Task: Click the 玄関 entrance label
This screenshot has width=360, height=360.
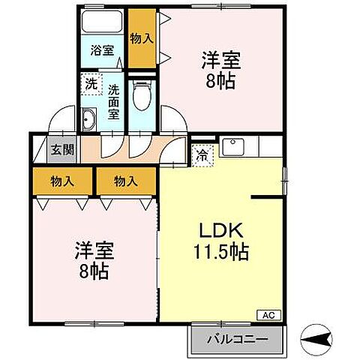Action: [62, 148]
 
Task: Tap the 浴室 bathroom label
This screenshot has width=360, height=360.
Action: [102, 52]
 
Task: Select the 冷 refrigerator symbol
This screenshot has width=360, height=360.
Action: [202, 156]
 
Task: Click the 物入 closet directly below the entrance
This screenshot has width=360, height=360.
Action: [62, 180]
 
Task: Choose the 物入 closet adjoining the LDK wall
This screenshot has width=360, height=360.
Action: [124, 180]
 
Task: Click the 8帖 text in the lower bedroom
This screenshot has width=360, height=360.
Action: [94, 271]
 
